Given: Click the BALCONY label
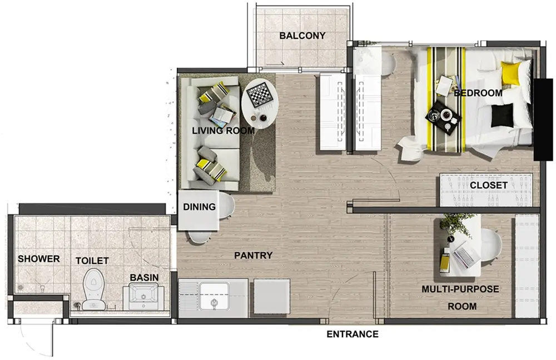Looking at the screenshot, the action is (x=302, y=36).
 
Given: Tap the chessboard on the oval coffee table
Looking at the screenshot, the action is (x=261, y=93).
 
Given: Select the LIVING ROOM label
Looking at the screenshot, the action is (x=224, y=131).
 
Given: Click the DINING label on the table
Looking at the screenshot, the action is (x=199, y=207).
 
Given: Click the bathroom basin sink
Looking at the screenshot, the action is (x=144, y=297).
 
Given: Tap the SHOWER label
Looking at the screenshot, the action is (x=39, y=259).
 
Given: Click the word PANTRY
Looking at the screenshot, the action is (x=253, y=255).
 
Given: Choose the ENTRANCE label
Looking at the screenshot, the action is (x=353, y=334).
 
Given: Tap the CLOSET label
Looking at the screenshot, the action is (x=489, y=186).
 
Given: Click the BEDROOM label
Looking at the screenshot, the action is (x=478, y=93).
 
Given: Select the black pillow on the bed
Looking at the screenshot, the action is (x=503, y=115).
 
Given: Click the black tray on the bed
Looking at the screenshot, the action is (x=443, y=117).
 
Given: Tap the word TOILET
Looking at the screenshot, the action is (x=92, y=261).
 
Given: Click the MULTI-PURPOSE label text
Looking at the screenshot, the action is (x=460, y=289).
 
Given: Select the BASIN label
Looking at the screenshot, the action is (x=144, y=277).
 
